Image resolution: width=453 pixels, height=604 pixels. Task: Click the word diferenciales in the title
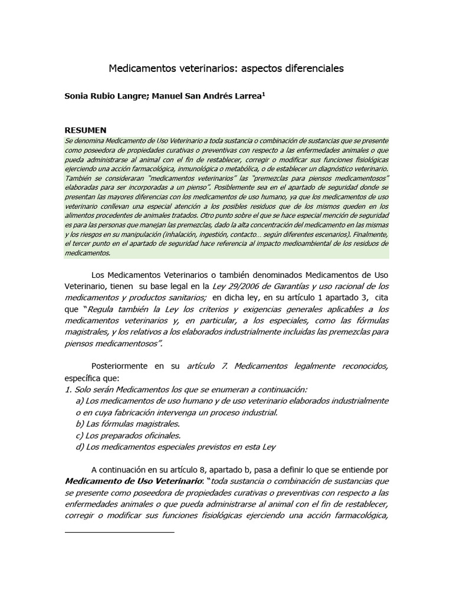pos(307,69)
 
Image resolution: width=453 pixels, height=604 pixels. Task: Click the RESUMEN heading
pos(86,130)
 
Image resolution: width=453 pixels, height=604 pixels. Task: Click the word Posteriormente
pos(120,366)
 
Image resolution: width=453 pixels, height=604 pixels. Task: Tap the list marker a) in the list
pos(79,401)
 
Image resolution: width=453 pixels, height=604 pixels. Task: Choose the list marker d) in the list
pos(79,447)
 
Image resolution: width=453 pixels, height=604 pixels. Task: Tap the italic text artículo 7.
pos(207,366)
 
